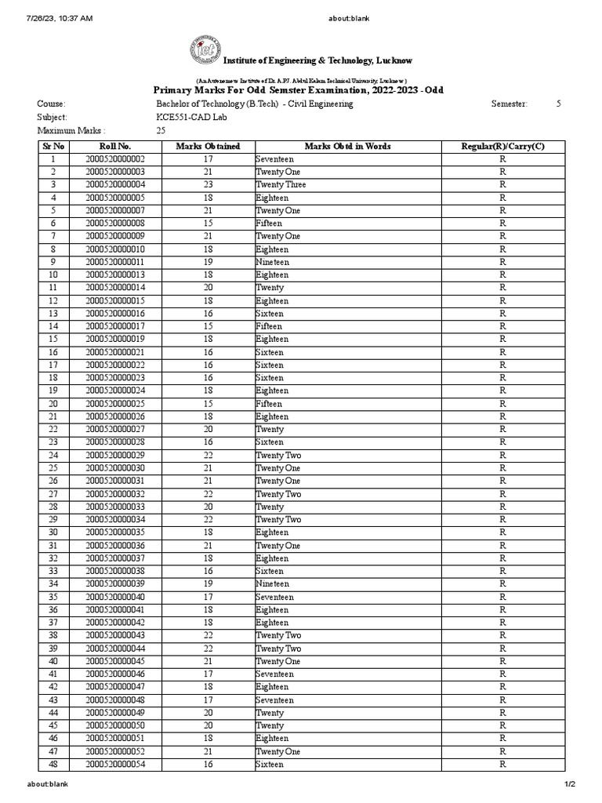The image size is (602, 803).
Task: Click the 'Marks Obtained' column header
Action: click(x=208, y=147)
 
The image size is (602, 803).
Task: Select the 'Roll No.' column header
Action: click(x=115, y=147)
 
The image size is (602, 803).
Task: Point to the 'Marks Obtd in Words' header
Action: click(x=347, y=147)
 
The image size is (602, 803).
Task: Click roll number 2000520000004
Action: click(x=115, y=185)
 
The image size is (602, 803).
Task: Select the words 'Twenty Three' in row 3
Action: click(x=281, y=185)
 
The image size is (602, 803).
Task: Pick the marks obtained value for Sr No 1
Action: click(x=208, y=159)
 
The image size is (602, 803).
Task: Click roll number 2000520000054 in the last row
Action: click(x=115, y=765)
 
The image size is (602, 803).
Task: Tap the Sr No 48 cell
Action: click(x=53, y=765)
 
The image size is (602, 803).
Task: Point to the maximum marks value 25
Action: click(x=161, y=130)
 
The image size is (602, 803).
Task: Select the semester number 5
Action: click(x=559, y=104)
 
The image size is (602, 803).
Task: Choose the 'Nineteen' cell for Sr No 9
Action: click(x=272, y=262)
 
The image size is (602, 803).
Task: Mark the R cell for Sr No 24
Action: click(x=502, y=456)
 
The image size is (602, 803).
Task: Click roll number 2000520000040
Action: click(x=115, y=597)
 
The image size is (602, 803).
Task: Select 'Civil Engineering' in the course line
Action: click(x=322, y=104)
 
